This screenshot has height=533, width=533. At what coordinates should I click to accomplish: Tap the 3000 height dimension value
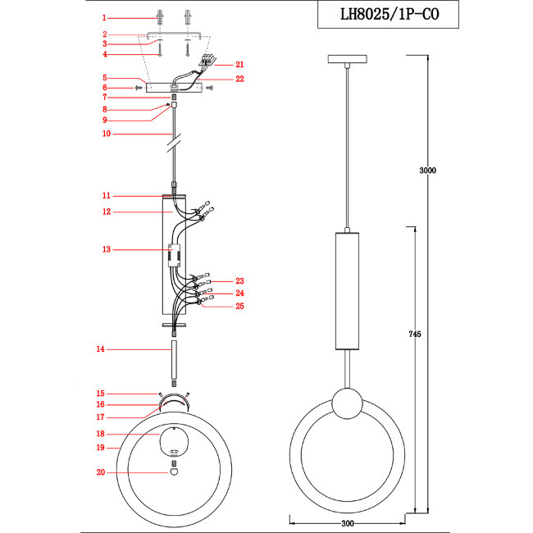(x=427, y=171)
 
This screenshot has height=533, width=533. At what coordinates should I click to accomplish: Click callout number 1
(x=104, y=17)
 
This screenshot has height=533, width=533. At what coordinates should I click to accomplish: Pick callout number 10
(x=105, y=134)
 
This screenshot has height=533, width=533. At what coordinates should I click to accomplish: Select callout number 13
(x=105, y=248)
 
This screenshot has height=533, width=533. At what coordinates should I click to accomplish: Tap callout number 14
(x=100, y=350)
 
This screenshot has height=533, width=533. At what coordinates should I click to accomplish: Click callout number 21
(x=239, y=64)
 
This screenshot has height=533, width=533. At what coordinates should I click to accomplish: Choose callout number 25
(x=239, y=306)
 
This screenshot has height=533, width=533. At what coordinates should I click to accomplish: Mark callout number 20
(x=100, y=472)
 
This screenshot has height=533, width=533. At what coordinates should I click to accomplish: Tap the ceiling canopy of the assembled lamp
(x=348, y=60)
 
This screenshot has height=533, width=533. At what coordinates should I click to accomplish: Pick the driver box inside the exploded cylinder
(x=173, y=256)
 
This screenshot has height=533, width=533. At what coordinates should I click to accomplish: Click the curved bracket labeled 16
(x=173, y=401)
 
